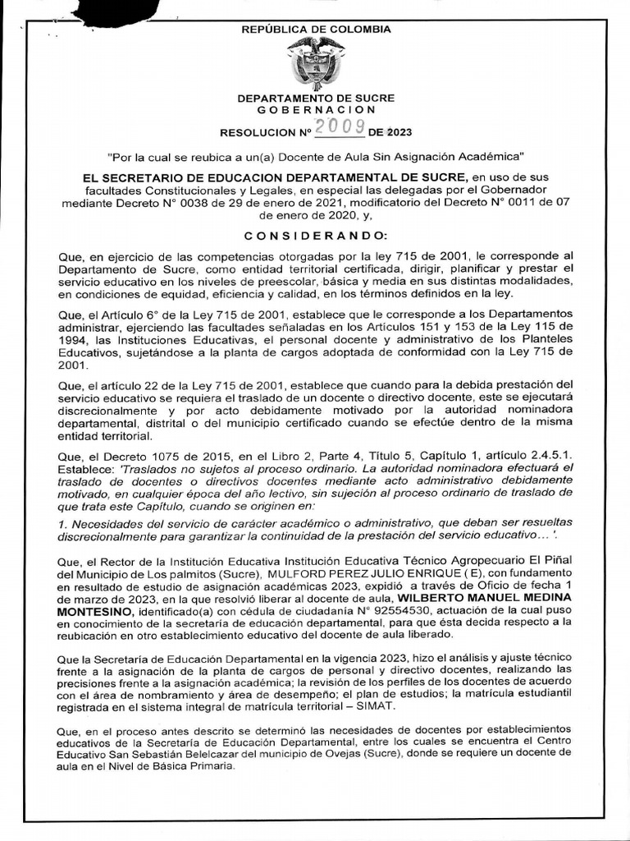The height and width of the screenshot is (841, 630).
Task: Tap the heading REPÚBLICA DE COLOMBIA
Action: coord(316,30)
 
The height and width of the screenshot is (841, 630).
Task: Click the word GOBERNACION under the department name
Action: coord(316,109)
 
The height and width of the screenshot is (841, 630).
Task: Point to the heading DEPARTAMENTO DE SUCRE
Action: coord(316,98)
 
